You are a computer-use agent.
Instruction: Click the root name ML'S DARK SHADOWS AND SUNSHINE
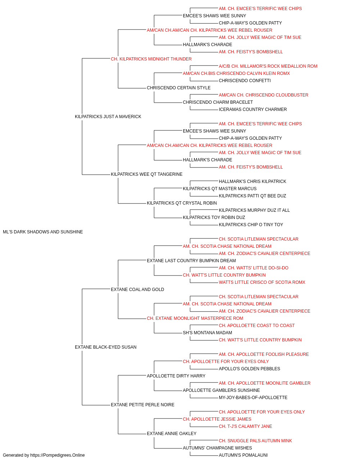pos(43,232)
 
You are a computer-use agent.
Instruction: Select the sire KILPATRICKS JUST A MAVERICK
pos(108,117)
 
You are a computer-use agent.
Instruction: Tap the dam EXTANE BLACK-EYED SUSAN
pos(105,347)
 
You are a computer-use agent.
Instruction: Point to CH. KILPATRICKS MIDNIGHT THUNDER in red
pos(151,59)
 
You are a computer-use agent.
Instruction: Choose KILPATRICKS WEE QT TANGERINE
pos(147,174)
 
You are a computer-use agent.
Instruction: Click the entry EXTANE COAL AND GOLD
pos(138,290)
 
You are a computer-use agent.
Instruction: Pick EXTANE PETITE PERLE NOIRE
pos(143,405)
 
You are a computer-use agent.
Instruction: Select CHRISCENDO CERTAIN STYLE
pos(179,88)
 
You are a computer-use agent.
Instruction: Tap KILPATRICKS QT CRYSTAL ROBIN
pos(182,203)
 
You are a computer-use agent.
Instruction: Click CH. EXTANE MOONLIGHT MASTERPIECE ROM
pos(195,318)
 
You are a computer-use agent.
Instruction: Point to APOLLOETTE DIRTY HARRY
pos(176,376)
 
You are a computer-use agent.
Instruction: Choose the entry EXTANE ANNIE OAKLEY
pos(171,434)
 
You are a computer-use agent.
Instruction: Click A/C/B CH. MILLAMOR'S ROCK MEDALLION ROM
pos(268,66)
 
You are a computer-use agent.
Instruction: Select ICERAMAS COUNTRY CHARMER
pos(253,109)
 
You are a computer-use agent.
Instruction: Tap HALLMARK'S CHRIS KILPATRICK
pos(252,182)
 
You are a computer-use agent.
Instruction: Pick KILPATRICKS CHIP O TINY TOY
pos(251,225)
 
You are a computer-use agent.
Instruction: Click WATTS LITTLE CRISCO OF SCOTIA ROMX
pos(262,282)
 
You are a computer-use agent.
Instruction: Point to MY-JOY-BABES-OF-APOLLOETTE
pos(253,398)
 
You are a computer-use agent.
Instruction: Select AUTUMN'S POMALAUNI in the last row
pos(243,455)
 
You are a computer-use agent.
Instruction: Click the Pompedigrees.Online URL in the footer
pos(57,455)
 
